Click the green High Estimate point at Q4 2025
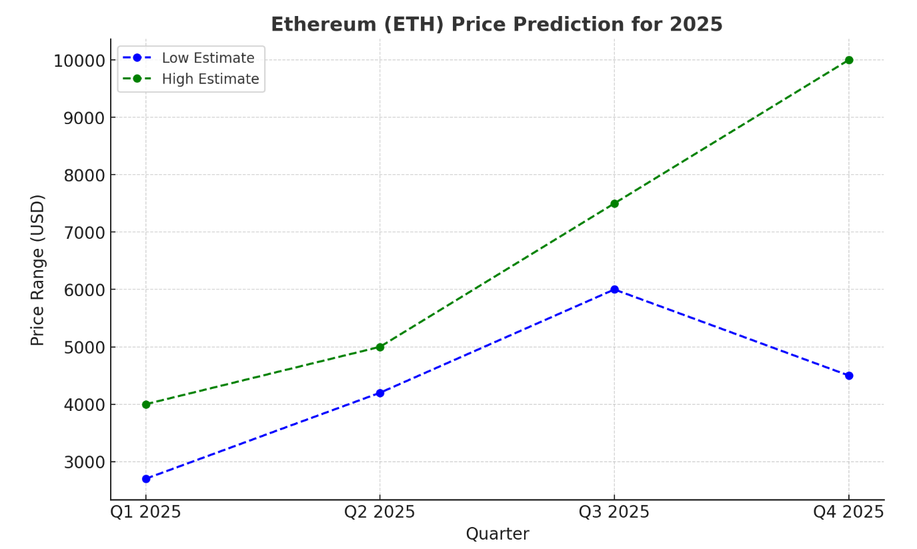click(848, 60)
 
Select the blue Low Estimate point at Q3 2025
click(614, 290)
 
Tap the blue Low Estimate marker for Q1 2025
click(146, 479)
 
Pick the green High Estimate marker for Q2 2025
click(380, 347)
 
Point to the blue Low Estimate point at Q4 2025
click(848, 376)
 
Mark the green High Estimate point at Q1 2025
click(146, 404)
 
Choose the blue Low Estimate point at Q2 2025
click(380, 393)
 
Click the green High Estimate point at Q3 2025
click(614, 203)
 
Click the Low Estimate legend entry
click(207, 58)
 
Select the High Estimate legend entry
click(210, 79)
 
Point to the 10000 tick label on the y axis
click(79, 61)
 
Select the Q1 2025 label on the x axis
click(146, 512)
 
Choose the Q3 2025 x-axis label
click(614, 512)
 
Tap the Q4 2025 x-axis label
click(848, 512)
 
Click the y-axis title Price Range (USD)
click(38, 269)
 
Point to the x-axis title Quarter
click(497, 534)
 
